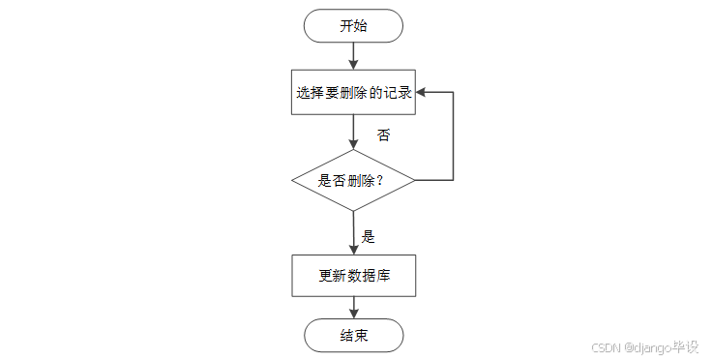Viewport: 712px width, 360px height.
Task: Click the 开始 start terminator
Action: tap(353, 26)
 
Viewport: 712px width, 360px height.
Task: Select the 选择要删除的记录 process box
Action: tap(353, 93)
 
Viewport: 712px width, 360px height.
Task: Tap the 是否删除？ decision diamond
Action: tap(353, 180)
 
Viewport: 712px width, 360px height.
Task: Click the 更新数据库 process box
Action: tap(353, 276)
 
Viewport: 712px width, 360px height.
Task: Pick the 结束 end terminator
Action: tap(353, 336)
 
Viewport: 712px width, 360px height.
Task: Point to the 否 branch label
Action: tap(384, 135)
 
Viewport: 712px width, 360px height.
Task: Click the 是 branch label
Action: tap(368, 236)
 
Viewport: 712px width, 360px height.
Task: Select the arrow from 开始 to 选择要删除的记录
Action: tap(353, 56)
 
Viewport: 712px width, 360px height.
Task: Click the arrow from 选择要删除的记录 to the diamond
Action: tap(353, 132)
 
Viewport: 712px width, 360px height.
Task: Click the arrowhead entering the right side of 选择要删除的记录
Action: tap(422, 93)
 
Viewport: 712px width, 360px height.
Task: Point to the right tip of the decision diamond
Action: tap(414, 180)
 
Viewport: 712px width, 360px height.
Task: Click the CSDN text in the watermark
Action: tap(605, 346)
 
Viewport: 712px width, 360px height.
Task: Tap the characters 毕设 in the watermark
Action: tap(686, 346)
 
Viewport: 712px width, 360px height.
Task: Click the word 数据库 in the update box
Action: tap(371, 276)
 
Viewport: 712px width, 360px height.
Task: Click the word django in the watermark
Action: tap(652, 346)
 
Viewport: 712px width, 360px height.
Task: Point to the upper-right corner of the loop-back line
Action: tap(453, 93)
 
